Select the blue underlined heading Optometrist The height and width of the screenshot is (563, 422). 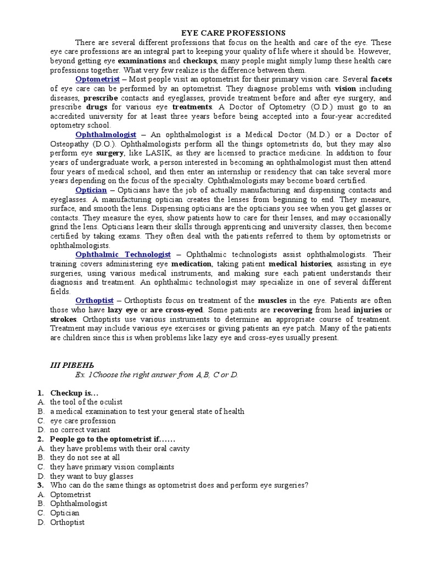pos(97,79)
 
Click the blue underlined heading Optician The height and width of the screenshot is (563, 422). pos(91,190)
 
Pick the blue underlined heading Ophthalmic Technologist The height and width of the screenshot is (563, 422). pos(123,255)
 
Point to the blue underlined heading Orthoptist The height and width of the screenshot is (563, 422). pos(95,301)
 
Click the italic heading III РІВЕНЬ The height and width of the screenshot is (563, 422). pos(66,365)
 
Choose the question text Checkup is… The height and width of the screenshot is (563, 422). pos(74,393)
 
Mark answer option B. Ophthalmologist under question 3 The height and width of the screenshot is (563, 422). pos(78,504)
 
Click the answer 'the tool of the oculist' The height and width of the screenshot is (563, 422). pos(86,402)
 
